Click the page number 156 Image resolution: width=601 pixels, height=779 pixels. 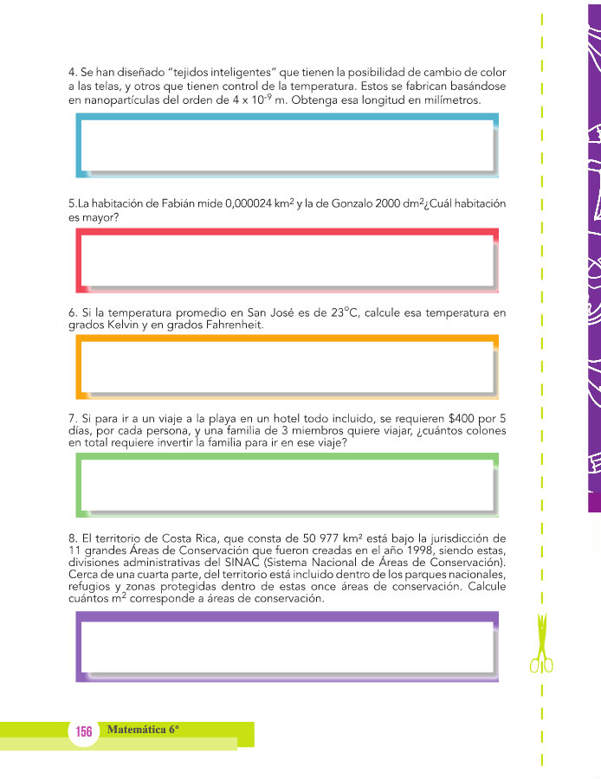coord(84,731)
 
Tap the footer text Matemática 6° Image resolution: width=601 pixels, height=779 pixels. coord(143,730)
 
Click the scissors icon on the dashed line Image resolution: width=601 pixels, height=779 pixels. coord(542,645)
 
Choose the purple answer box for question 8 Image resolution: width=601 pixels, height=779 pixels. coord(287,646)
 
